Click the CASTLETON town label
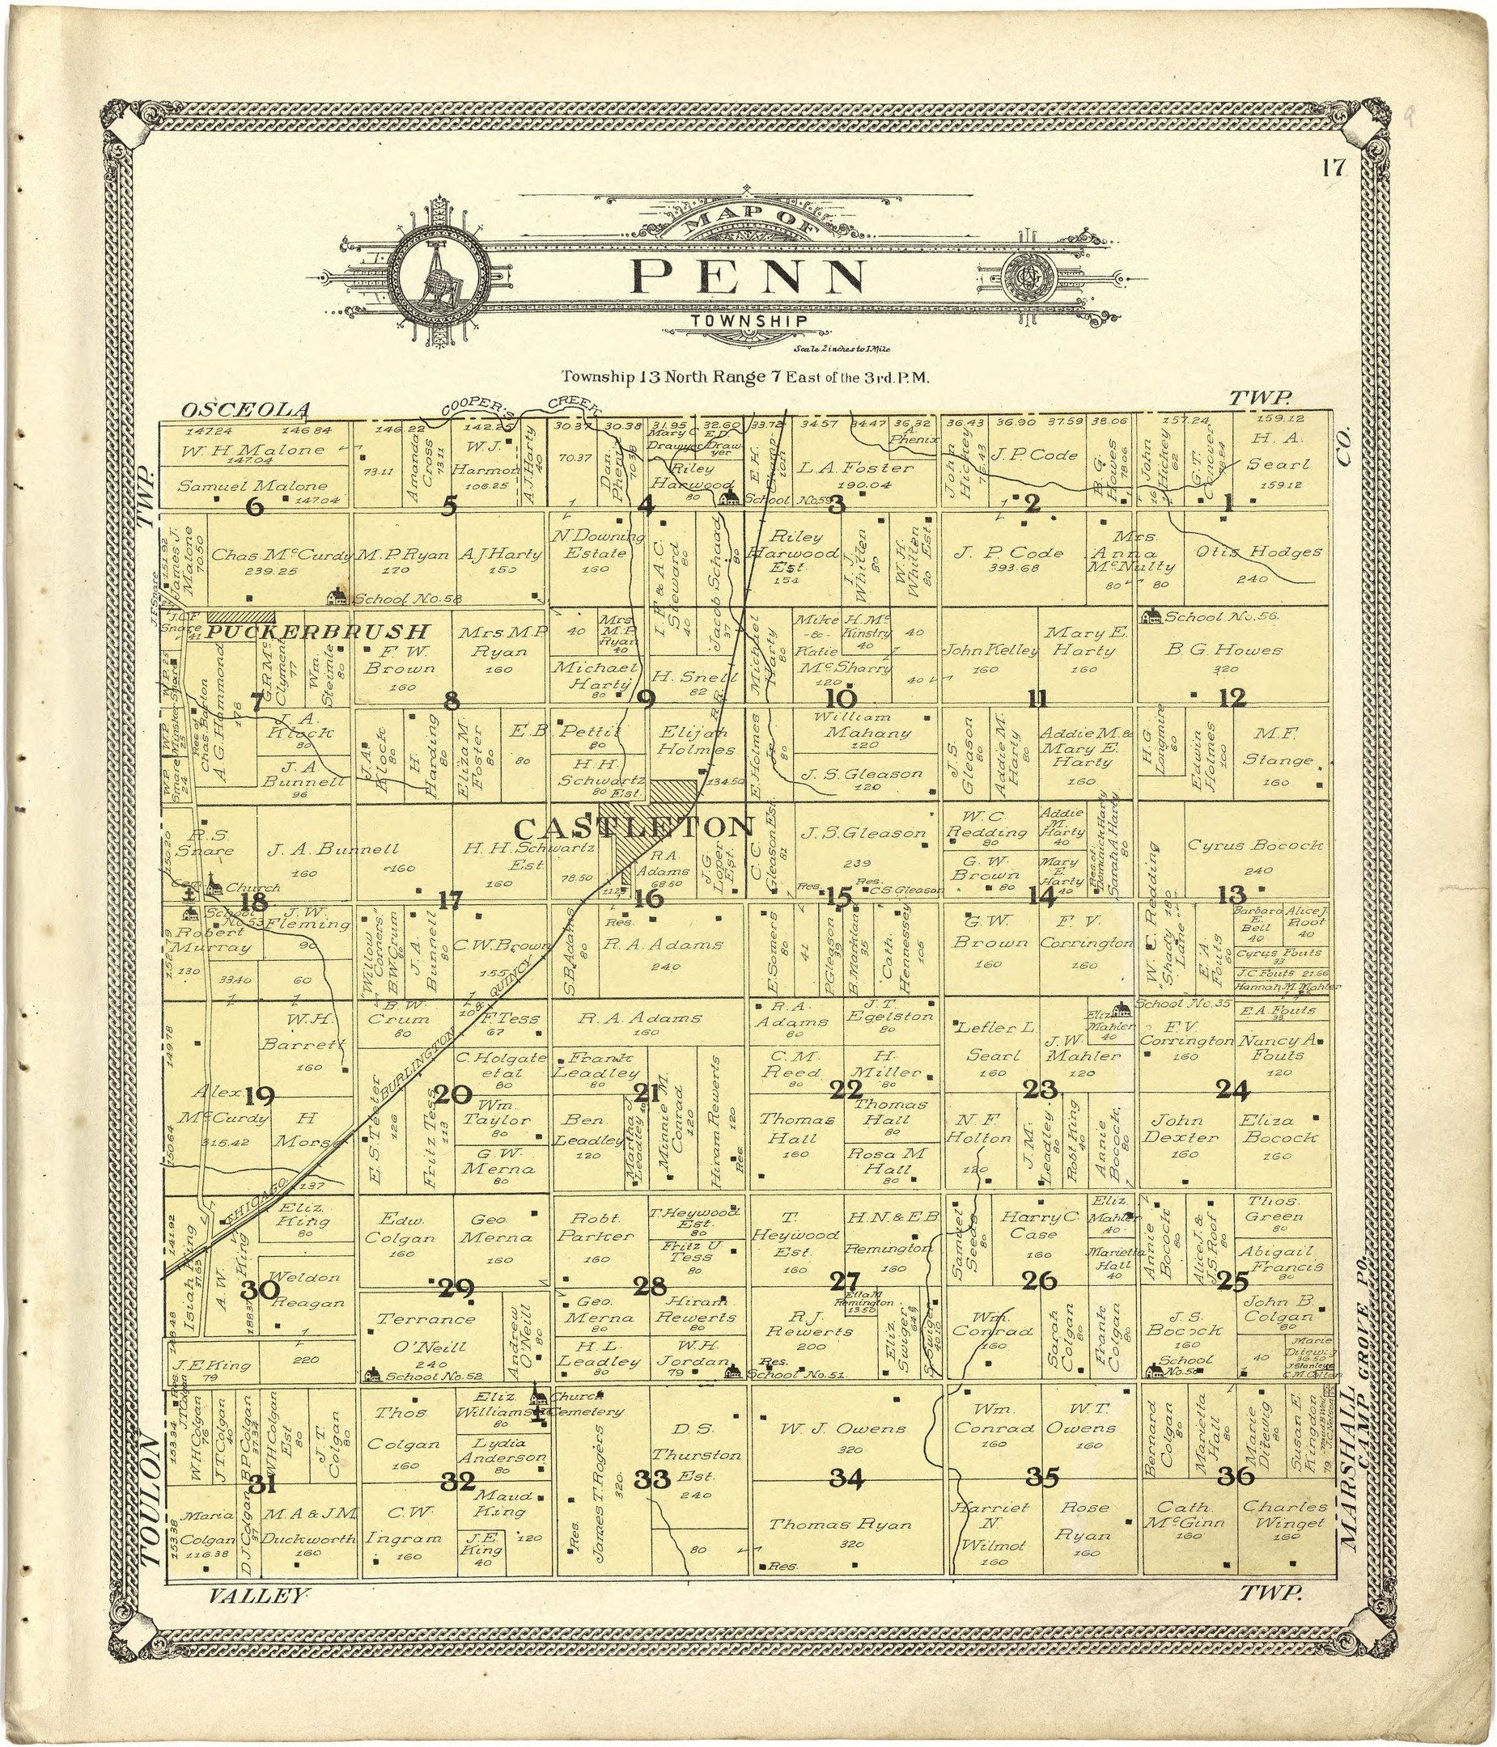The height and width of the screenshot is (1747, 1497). click(633, 827)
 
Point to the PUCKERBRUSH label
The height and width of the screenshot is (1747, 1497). click(319, 632)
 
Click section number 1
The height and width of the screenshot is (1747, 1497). click(1228, 504)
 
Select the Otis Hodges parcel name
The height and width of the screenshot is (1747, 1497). click(1259, 552)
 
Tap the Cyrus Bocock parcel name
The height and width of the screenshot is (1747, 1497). click(1254, 844)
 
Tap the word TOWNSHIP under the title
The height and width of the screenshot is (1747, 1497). click(749, 321)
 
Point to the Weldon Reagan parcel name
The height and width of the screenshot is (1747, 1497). click(305, 1290)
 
